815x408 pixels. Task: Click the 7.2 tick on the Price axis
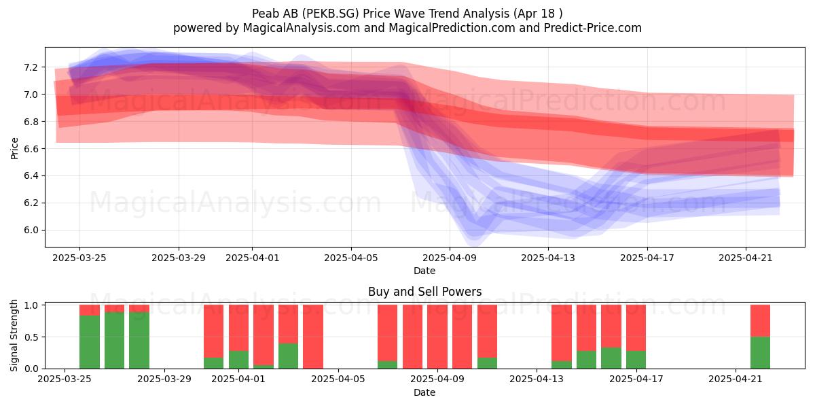[31, 67]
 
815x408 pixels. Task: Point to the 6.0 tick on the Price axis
[31, 231]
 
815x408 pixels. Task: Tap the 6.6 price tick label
[31, 149]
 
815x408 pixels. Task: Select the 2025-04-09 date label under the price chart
[450, 258]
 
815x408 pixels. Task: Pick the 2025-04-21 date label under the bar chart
[736, 379]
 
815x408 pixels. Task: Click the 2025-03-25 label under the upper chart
[79, 258]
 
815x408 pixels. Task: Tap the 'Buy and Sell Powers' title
[424, 292]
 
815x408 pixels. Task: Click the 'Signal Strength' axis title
[14, 335]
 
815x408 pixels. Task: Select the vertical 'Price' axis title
[14, 148]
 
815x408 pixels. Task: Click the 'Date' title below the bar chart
[424, 392]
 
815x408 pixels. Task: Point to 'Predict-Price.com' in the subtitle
[593, 28]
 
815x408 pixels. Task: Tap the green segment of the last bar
[761, 353]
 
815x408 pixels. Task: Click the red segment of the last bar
[761, 321]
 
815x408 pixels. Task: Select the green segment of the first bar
[90, 341]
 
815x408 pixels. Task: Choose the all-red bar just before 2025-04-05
[313, 337]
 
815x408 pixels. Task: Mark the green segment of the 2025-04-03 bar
[288, 356]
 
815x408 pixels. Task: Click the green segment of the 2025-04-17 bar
[636, 360]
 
